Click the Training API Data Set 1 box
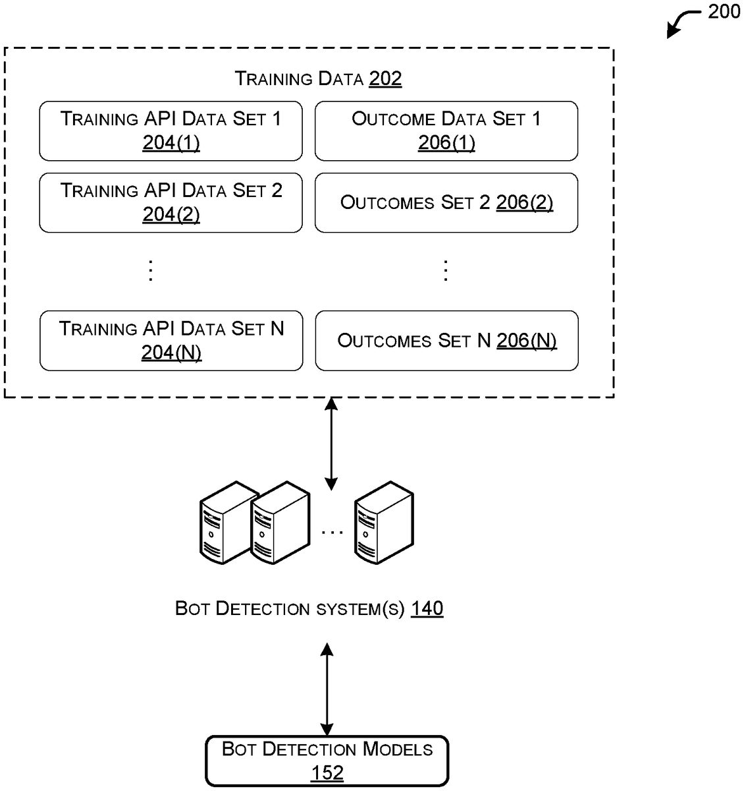tap(171, 131)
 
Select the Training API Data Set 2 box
tap(171, 202)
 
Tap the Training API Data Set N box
tap(171, 340)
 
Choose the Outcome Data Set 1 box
tap(446, 131)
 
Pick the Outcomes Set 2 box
tap(446, 202)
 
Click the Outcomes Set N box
tap(446, 340)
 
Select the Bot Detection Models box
tap(327, 761)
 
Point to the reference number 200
tap(724, 13)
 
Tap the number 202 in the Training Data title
tap(385, 79)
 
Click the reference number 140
tap(427, 608)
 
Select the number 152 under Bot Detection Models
tap(327, 773)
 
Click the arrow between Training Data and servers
tap(331, 444)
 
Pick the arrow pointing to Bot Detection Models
tap(327, 689)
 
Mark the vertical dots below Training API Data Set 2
tap(151, 270)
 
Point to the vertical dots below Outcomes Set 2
tap(446, 270)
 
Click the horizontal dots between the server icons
tap(332, 531)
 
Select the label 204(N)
tap(171, 353)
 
